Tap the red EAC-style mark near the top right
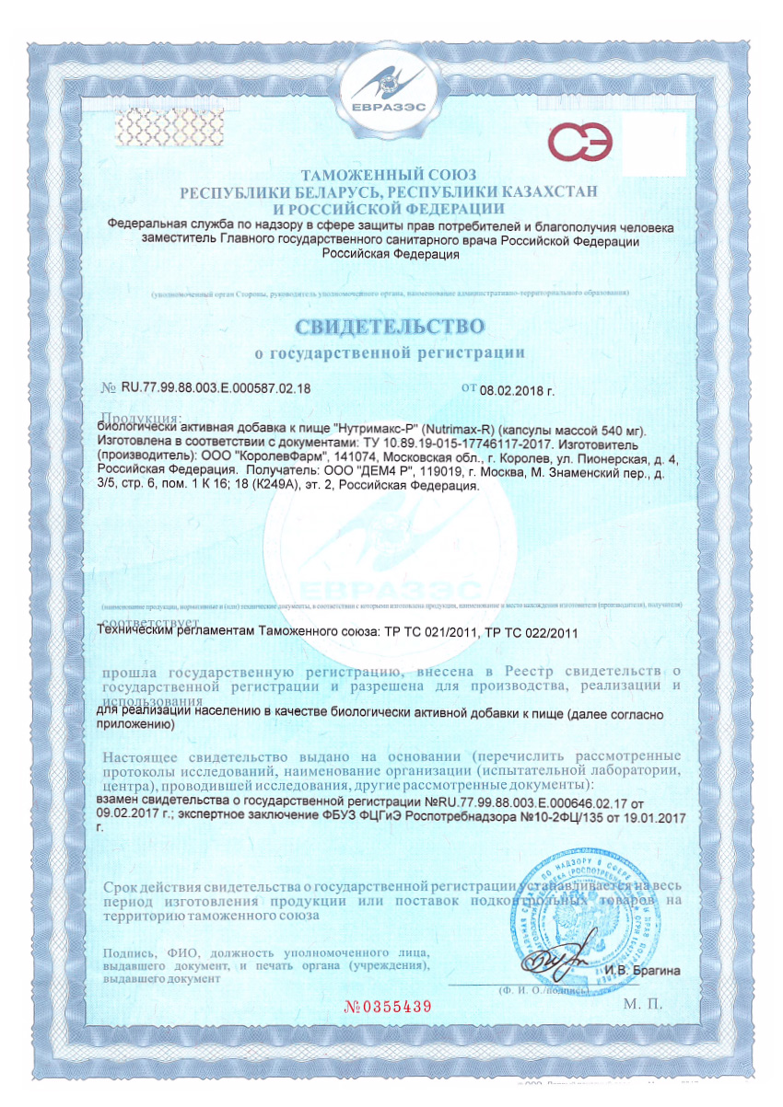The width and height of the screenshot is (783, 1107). (x=580, y=143)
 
